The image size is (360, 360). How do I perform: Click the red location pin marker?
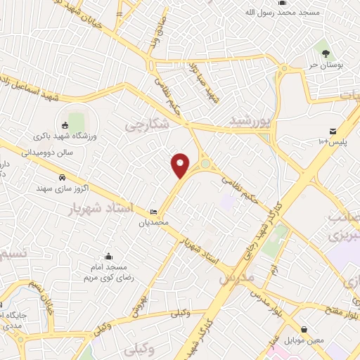pyautogui.click(x=181, y=165)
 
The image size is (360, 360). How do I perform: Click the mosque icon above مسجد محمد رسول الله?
pyautogui.click(x=281, y=3)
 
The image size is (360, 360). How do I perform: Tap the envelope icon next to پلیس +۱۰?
pyautogui.click(x=333, y=131)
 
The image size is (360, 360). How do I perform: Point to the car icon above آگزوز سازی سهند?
pyautogui.click(x=62, y=177)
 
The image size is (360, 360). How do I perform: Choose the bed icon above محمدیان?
pyautogui.click(x=154, y=212)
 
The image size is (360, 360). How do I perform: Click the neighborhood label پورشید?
pyautogui.click(x=250, y=121)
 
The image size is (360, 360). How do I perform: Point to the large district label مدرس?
pyautogui.click(x=235, y=278)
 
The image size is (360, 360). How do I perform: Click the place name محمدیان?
pyautogui.click(x=154, y=223)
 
